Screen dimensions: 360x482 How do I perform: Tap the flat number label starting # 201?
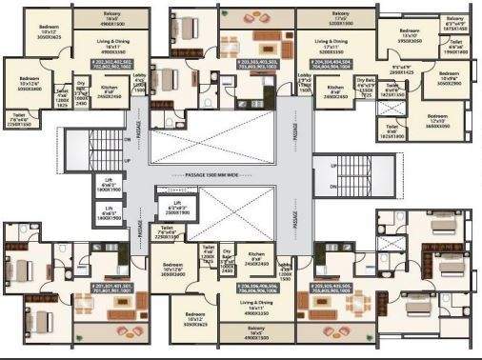(x=114, y=288)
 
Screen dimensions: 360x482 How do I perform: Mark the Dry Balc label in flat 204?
(x=366, y=86)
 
